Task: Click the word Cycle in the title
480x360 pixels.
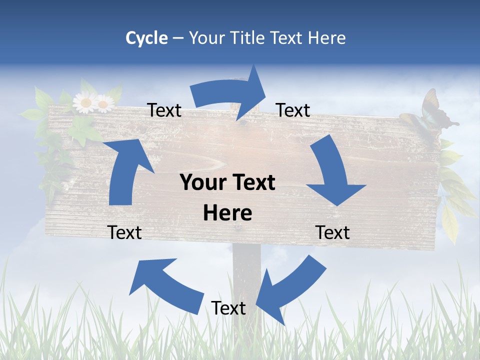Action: [x=146, y=38]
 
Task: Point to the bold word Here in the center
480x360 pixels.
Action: [x=227, y=213]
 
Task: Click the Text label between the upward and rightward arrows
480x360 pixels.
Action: [x=164, y=110]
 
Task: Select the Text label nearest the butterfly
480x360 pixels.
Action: [x=293, y=110]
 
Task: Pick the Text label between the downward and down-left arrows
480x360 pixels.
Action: [x=332, y=232]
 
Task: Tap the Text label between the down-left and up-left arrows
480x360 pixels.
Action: [x=228, y=308]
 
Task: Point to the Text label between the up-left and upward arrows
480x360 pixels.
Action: [x=124, y=232]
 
